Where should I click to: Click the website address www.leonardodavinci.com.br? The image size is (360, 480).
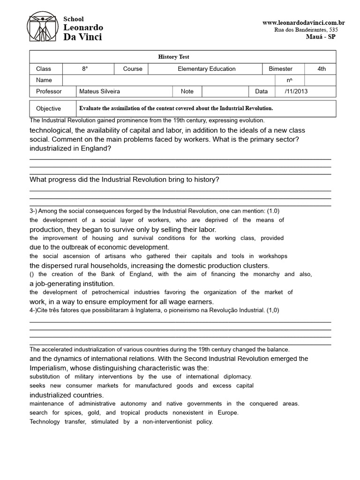click(x=303, y=22)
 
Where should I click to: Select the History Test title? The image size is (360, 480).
click(x=173, y=57)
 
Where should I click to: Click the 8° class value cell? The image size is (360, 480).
click(x=85, y=69)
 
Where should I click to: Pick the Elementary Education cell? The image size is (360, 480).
click(x=206, y=69)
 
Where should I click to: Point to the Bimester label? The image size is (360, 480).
click(x=280, y=69)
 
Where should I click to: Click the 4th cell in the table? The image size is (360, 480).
click(x=321, y=69)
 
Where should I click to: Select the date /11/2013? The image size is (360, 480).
click(x=296, y=91)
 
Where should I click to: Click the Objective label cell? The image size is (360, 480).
click(x=48, y=108)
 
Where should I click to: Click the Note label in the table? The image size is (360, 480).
click(x=187, y=91)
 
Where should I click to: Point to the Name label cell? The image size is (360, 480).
click(x=44, y=80)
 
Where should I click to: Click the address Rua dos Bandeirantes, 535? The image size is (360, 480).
click(x=306, y=30)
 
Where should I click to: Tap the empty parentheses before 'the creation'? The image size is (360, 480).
click(x=32, y=274)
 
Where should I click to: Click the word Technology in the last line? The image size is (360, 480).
click(x=45, y=421)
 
